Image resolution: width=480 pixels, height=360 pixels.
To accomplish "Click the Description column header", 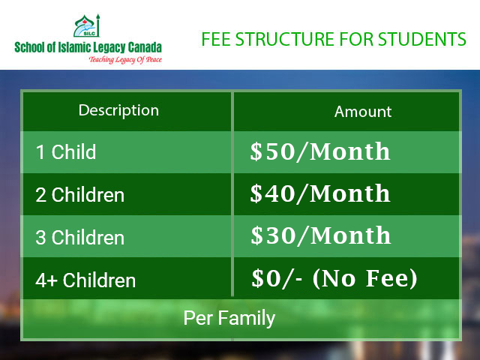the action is [118, 111].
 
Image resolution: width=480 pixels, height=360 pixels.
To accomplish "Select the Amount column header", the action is [363, 112].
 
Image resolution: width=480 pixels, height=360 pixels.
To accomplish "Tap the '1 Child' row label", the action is [66, 151].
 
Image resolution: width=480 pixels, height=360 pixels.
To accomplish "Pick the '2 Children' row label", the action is [80, 195].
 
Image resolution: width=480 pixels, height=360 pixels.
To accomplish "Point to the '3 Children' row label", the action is [80, 237].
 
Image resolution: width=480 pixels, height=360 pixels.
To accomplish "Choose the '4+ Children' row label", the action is [85, 280].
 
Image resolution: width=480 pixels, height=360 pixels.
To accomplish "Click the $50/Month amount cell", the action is [320, 151].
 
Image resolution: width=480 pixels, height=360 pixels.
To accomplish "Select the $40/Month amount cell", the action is [320, 193].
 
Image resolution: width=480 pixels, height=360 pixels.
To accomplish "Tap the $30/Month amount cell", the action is [321, 235].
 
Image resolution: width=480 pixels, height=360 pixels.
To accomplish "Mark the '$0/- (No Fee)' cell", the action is [334, 278].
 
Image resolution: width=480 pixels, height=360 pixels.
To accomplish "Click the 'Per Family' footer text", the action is [229, 318].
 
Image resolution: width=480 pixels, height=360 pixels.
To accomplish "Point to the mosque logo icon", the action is [87, 25].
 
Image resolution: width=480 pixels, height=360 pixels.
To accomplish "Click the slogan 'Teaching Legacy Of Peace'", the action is [125, 59].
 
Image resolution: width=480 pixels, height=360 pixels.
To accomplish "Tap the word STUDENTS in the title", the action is [422, 39].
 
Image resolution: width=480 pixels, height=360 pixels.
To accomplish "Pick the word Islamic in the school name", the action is [74, 47].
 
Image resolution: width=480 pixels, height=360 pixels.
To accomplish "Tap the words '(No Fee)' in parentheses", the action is [365, 278].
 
